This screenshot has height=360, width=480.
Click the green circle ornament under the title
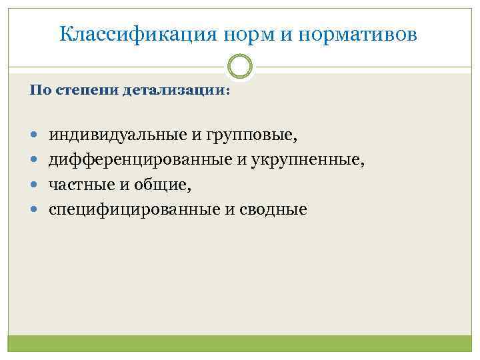click(x=240, y=67)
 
